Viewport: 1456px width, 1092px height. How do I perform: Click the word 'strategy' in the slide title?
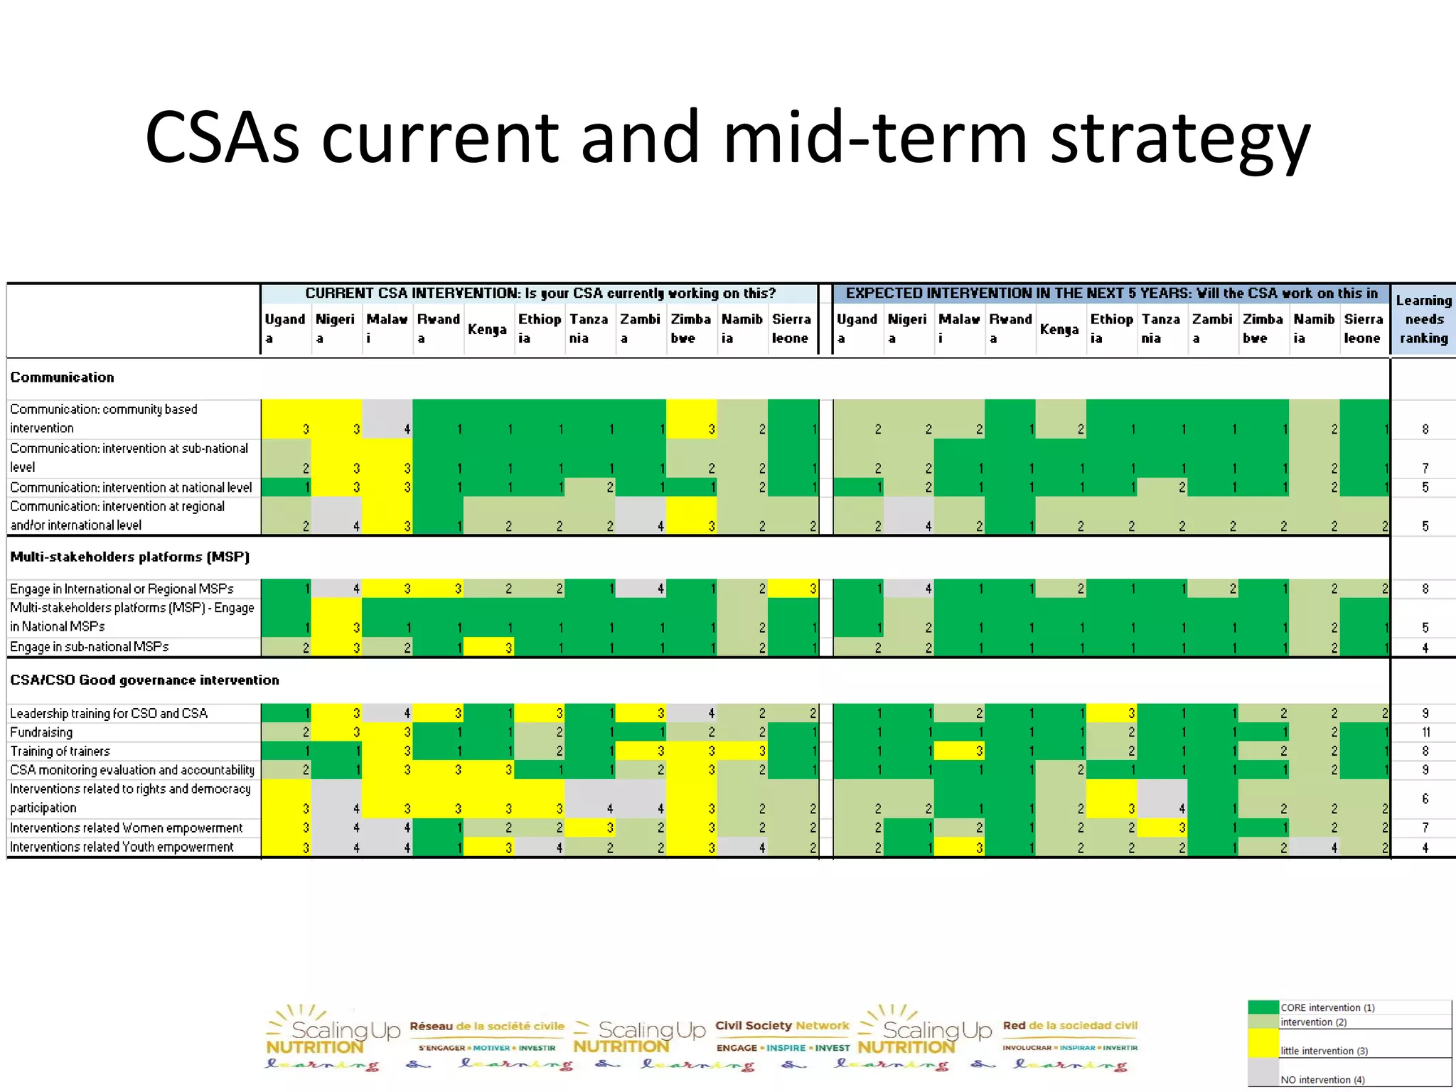(1180, 139)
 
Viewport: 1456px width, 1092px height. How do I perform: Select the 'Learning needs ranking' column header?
(1423, 319)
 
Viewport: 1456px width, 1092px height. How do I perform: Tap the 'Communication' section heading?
(62, 378)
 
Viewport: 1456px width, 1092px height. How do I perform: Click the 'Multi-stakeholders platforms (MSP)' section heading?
(129, 557)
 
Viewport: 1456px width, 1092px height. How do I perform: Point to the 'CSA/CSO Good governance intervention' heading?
(144, 680)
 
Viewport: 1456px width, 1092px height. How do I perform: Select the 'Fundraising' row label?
(41, 732)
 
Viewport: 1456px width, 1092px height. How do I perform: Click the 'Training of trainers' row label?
(60, 751)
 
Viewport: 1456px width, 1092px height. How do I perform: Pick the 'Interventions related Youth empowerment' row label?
(122, 847)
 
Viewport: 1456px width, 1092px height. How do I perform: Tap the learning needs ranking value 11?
(1425, 732)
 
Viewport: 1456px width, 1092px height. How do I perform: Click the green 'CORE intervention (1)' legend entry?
(1327, 1007)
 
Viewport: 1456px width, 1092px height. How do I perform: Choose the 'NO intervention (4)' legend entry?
(1322, 1080)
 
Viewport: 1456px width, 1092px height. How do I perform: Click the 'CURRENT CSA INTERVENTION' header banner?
(540, 294)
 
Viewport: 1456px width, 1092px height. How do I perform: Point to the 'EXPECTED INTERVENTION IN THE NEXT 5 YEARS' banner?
(1111, 294)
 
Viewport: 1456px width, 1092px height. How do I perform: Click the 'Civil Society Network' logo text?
(782, 1026)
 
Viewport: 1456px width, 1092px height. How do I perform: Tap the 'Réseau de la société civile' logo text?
(487, 1027)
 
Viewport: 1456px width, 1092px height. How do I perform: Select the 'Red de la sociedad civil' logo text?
(1070, 1026)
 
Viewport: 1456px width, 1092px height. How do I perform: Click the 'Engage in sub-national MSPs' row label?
(90, 647)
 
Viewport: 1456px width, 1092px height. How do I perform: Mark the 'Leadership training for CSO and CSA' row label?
(109, 713)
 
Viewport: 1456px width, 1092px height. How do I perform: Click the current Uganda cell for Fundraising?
(287, 732)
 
